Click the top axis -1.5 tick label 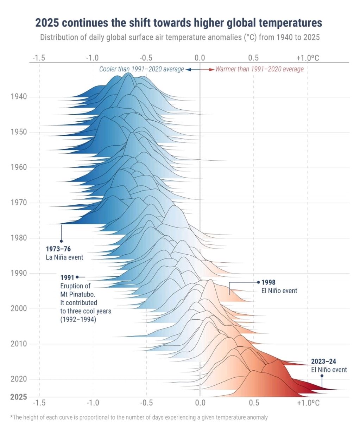39,58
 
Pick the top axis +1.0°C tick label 308,58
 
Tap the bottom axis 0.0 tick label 200,402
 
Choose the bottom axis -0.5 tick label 146,402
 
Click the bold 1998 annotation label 269,282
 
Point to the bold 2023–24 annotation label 323,361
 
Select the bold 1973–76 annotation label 58,249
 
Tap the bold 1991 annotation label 67,277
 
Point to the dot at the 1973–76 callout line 61,241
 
